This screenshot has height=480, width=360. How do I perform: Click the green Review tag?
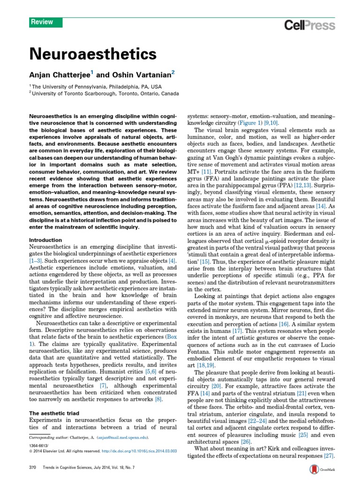(41, 22)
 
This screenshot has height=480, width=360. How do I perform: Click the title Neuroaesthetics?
(93, 54)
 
